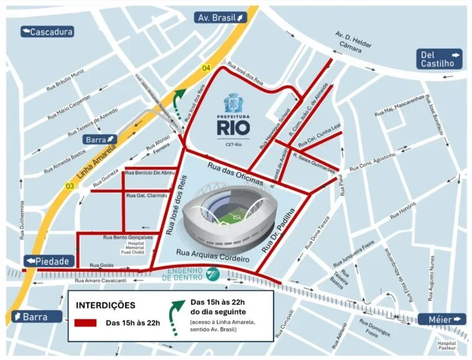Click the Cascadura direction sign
coord(47,32)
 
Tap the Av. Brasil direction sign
coord(221,17)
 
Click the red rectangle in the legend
coord(85,323)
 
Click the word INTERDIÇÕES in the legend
coord(104,306)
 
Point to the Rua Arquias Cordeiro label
coord(213,254)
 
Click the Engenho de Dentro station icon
coord(213,272)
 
